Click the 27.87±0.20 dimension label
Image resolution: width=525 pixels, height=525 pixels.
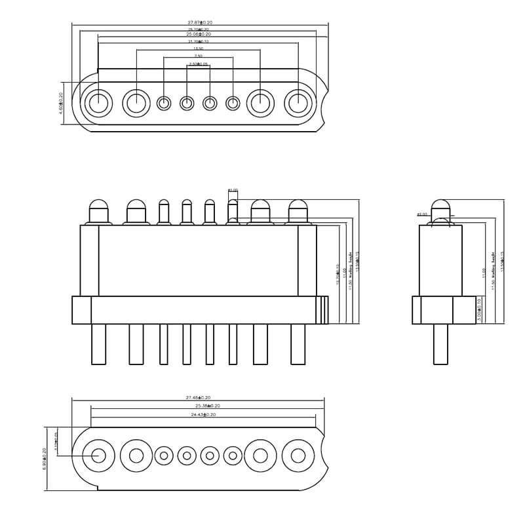pos(200,23)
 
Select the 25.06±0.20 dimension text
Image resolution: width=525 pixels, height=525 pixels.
pos(199,35)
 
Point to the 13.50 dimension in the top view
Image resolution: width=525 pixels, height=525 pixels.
pos(198,49)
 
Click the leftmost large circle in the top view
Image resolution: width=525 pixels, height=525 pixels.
pos(99,103)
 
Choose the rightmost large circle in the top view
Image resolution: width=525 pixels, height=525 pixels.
pos(299,103)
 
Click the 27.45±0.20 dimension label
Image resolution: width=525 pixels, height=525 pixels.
pos(199,398)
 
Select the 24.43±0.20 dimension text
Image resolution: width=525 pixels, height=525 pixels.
pos(203,415)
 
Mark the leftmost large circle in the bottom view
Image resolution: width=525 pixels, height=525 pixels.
pos(99,455)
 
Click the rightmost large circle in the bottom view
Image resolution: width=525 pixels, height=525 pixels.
pos(298,455)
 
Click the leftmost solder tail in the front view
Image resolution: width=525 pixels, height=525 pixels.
pos(99,344)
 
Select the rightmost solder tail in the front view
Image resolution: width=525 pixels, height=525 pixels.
pos(298,344)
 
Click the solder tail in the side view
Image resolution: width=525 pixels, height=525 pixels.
pos(440,344)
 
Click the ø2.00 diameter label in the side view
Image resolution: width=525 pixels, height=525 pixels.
pos(421,214)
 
